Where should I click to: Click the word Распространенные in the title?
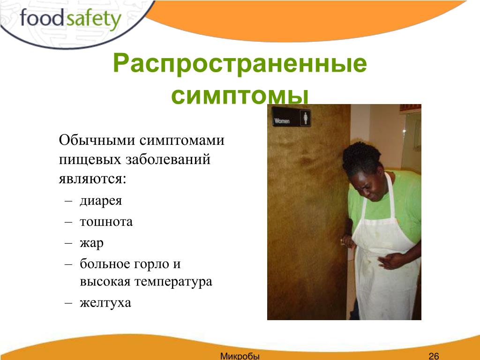pos(240,64)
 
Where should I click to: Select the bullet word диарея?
pos(101,201)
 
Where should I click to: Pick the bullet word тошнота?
pos(106,221)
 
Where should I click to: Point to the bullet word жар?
pos(91,243)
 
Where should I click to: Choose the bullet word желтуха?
pos(105,302)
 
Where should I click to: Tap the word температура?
pos(174,282)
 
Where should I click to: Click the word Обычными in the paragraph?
pos(97,140)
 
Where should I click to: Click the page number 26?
pos(434,356)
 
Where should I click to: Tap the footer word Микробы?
pos(240,356)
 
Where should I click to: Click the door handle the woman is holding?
pos(347,241)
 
